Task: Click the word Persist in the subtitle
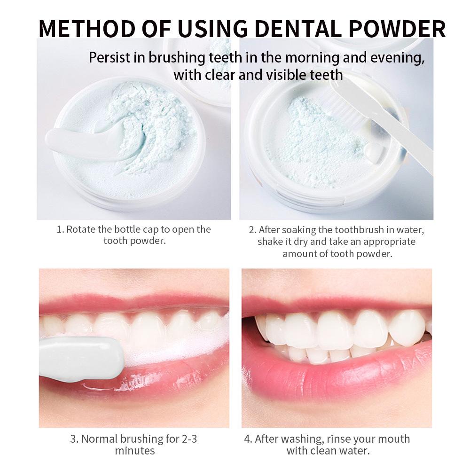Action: [x=117, y=58]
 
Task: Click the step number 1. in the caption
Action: [x=60, y=229]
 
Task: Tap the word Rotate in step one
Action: [x=80, y=229]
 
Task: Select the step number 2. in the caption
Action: [x=252, y=230]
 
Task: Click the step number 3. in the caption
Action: [x=74, y=439]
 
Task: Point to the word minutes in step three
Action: [x=135, y=451]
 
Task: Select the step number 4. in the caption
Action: [x=248, y=439]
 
